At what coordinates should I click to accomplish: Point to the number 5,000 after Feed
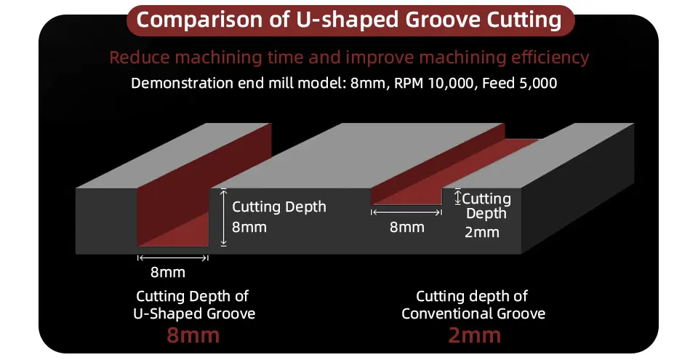(538, 84)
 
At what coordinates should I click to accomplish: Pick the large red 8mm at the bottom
(193, 335)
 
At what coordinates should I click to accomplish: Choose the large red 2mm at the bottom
(474, 335)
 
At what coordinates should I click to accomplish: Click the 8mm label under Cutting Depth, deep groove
(249, 227)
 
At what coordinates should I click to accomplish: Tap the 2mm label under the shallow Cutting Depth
(481, 232)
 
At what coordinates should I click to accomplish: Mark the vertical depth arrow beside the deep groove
(223, 217)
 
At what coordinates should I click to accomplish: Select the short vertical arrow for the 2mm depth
(457, 197)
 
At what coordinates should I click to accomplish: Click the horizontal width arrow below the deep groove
(173, 258)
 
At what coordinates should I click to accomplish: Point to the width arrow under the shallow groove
(406, 212)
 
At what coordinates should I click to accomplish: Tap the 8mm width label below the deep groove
(168, 272)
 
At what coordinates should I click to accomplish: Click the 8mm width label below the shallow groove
(407, 227)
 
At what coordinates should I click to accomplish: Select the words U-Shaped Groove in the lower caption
(194, 313)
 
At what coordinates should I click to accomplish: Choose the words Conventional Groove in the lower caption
(473, 313)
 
